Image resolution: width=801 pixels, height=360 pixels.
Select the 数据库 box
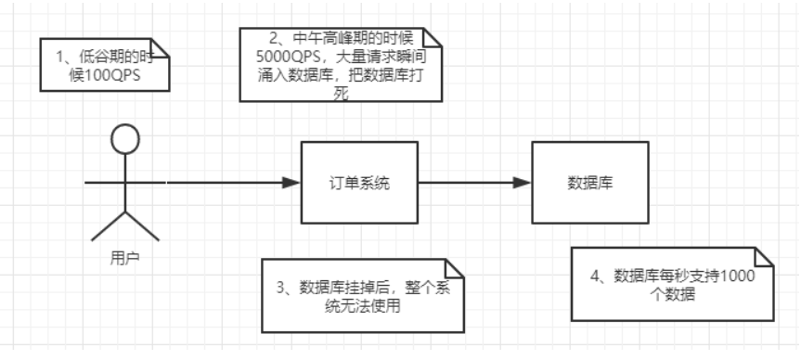(588, 183)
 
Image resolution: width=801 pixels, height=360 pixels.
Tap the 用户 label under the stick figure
(123, 255)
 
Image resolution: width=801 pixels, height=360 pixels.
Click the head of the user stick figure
(124, 140)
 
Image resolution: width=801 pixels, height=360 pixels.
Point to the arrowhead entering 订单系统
(292, 183)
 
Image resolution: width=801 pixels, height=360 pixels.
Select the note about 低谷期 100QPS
(103, 65)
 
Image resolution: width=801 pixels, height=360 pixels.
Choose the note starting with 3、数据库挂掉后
(363, 295)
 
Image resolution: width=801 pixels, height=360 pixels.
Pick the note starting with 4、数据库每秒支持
(671, 285)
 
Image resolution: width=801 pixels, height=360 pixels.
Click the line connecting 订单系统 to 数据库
(469, 183)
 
